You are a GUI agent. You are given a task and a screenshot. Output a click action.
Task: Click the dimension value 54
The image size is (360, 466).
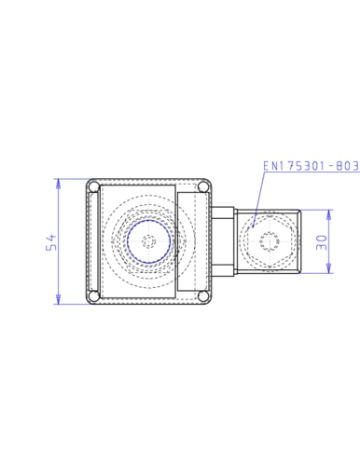[x=51, y=242]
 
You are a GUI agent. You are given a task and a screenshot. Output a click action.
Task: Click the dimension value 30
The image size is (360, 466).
[x=322, y=242]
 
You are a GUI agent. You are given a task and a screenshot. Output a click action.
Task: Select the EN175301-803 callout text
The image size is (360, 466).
[x=312, y=166]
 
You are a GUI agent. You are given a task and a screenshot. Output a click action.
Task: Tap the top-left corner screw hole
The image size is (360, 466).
[x=93, y=187]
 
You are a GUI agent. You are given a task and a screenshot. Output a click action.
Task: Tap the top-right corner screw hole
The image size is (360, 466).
[x=203, y=187]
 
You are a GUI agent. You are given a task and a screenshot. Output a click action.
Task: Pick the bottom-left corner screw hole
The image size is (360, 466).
[x=93, y=295]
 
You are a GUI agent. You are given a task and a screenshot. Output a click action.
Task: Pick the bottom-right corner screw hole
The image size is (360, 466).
[x=203, y=295]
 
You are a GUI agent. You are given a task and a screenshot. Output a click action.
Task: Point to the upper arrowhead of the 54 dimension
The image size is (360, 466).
[x=58, y=184]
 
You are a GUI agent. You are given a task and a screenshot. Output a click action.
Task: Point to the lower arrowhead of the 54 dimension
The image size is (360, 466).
[x=58, y=299]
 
